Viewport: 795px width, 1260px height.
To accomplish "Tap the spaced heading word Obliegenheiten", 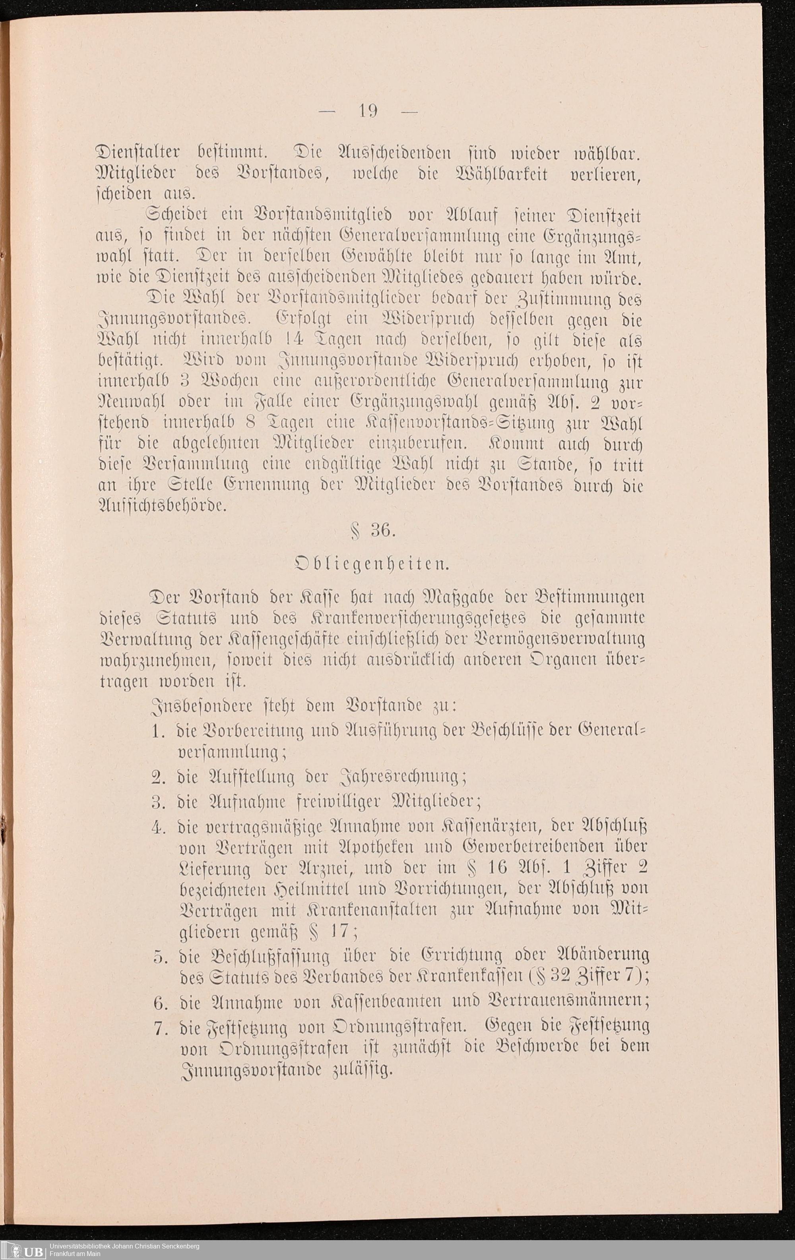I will (x=371, y=564).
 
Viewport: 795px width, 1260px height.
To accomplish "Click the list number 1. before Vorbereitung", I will (x=159, y=732).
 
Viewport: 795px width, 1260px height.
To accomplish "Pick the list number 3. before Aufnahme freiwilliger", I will (x=159, y=802).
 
